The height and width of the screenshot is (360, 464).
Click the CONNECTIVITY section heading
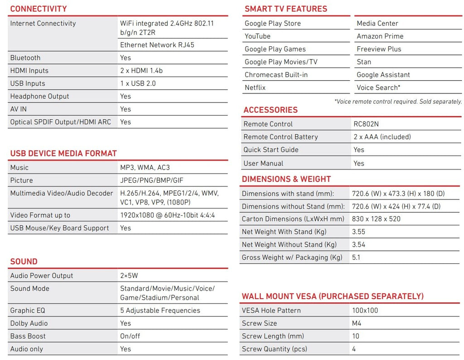[x=39, y=9]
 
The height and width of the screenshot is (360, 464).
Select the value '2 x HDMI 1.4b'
[x=141, y=71]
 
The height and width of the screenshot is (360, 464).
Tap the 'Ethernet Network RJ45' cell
[x=154, y=45]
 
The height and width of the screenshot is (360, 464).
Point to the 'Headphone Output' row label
[x=40, y=96]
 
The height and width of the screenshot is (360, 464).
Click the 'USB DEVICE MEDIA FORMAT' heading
[x=63, y=153]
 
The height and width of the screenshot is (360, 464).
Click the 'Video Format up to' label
[x=40, y=215]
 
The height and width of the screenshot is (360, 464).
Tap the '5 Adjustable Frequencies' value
[x=160, y=311]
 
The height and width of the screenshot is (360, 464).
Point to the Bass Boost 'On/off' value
[x=130, y=336]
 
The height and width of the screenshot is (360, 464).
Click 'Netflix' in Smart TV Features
[x=255, y=88]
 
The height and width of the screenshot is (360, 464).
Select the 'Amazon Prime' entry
[x=380, y=36]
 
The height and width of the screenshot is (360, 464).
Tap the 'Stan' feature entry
[x=364, y=62]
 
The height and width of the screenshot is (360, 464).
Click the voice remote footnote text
[x=398, y=102]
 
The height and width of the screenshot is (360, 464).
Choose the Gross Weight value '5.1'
[x=357, y=258]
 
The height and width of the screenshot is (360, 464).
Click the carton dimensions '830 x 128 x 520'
[x=376, y=219]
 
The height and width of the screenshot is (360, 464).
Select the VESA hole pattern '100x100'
[x=365, y=311]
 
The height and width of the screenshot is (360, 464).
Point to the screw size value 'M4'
[x=357, y=323]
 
